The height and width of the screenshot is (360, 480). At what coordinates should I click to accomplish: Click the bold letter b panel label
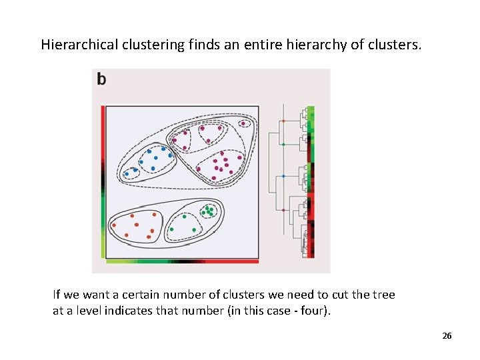(x=101, y=79)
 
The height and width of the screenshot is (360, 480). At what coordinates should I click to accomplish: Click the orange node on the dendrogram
(x=283, y=121)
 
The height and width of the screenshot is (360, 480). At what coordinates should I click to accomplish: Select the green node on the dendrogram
(x=283, y=144)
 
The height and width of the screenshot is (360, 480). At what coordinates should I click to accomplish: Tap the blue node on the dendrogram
(x=283, y=175)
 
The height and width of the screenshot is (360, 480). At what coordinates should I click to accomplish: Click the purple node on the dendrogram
(x=283, y=210)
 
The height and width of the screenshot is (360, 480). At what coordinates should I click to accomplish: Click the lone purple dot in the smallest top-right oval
(x=244, y=123)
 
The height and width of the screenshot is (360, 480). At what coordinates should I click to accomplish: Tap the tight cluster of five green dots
(x=210, y=211)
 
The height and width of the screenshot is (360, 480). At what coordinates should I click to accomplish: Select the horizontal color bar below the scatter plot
(x=180, y=262)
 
